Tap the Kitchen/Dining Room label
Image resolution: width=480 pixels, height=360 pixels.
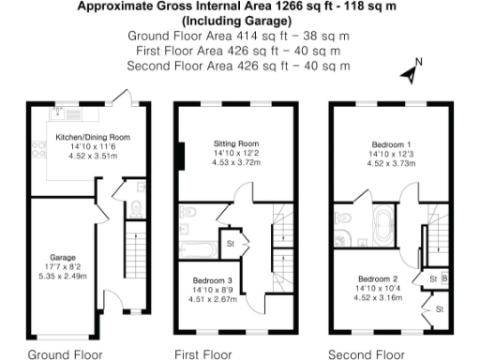(x=92, y=137)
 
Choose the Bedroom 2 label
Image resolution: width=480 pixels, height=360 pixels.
(x=378, y=279)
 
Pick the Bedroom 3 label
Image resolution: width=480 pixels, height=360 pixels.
(x=212, y=280)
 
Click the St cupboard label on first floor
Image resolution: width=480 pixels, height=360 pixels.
(x=230, y=245)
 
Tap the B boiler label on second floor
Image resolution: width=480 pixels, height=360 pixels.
(x=445, y=279)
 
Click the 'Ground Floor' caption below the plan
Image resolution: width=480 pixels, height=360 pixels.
(x=65, y=354)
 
